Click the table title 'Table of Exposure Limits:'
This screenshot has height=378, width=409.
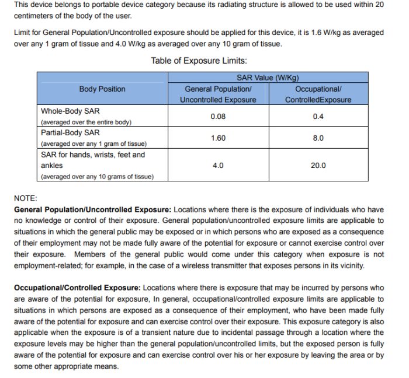coord(199,61)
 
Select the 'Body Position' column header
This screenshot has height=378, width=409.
coord(102,89)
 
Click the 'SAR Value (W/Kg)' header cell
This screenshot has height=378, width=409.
coord(268,78)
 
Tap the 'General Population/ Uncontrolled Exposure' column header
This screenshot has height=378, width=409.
coord(218,94)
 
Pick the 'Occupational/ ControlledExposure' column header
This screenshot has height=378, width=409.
coord(318,94)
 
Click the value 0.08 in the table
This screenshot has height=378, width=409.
coord(218,116)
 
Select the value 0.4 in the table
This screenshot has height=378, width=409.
coord(318,116)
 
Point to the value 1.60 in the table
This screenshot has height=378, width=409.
coord(218,138)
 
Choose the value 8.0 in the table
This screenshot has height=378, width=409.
coord(318,138)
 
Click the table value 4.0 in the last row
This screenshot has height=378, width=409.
coord(218,166)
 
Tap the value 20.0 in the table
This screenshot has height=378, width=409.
coord(318,166)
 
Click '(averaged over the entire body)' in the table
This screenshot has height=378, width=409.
coord(86,122)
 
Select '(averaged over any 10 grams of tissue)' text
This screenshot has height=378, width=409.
coord(97,176)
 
